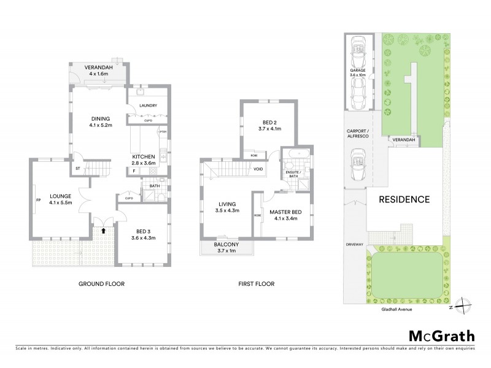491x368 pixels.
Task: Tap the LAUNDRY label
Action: (149, 105)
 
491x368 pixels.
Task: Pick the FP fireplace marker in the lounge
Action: (38, 199)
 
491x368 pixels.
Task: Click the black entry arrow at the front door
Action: (103, 231)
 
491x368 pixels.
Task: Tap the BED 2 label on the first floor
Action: (270, 122)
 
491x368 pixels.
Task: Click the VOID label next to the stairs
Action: (258, 169)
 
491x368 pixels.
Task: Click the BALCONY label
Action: (225, 245)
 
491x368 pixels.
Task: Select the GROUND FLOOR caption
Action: (101, 284)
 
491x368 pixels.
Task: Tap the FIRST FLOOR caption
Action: (257, 284)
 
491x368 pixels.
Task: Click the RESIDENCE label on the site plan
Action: (403, 199)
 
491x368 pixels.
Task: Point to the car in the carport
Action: (357, 167)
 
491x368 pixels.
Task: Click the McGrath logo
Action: (441, 335)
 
